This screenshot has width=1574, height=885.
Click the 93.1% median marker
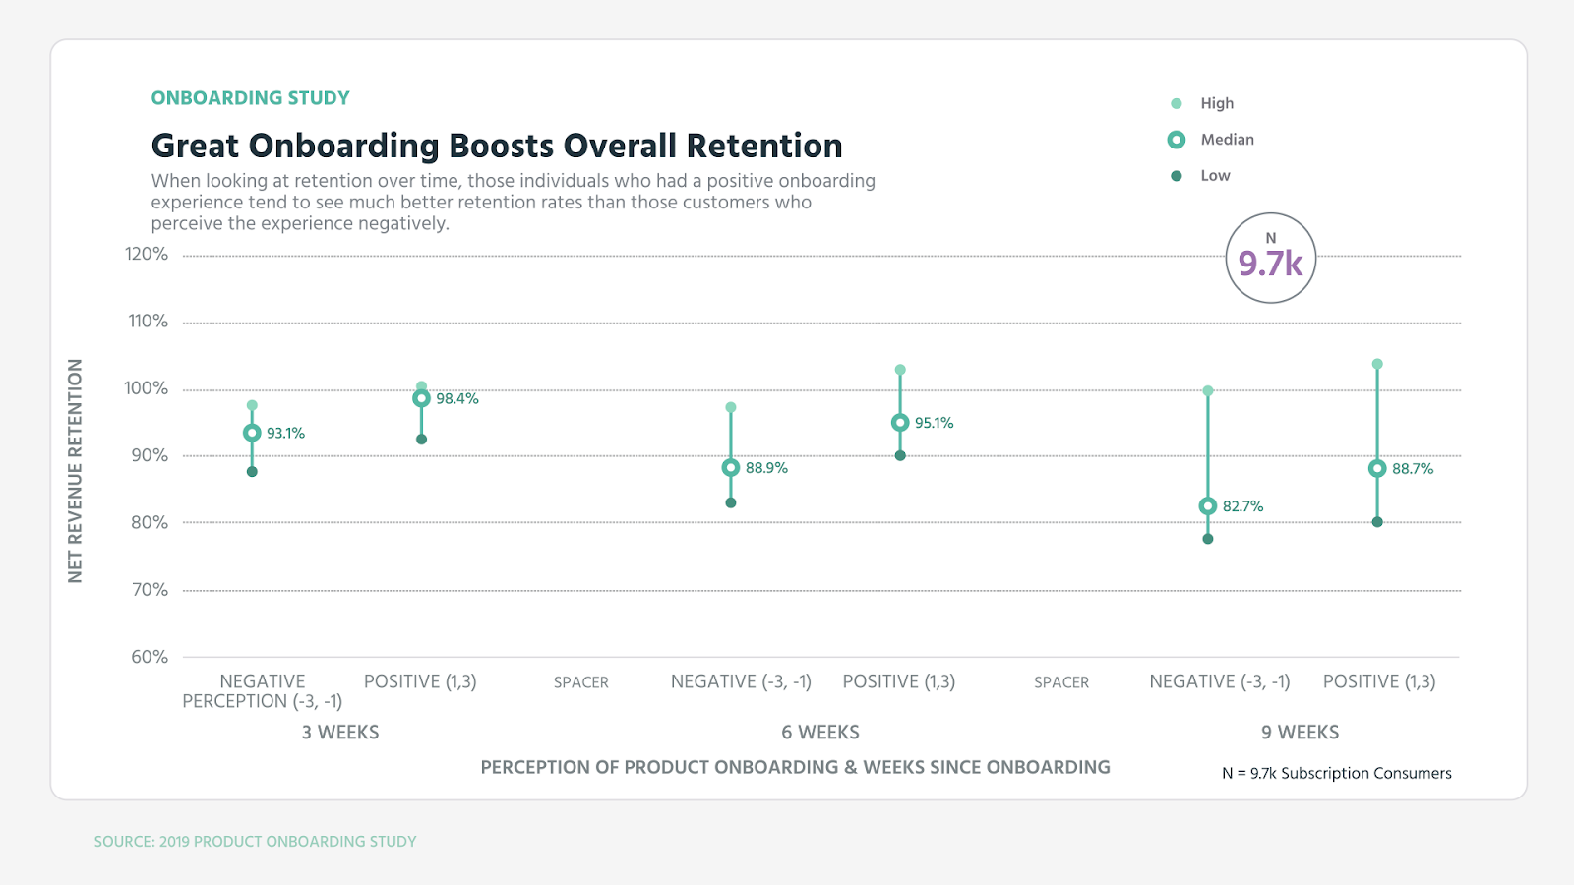tap(252, 433)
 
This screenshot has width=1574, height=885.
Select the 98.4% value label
tap(457, 399)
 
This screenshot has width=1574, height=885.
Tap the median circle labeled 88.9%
tap(731, 468)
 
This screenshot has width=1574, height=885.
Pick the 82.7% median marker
tap(1208, 506)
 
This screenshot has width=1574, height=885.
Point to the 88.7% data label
tap(1413, 469)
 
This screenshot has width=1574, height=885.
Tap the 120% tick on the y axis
tap(147, 254)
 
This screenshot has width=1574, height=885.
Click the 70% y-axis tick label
tap(150, 590)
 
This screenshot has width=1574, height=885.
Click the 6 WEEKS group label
tap(820, 733)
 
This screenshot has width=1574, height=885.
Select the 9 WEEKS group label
tap(1300, 733)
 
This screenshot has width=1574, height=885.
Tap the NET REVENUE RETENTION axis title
tap(76, 470)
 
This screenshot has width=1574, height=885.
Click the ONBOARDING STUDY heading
tap(250, 98)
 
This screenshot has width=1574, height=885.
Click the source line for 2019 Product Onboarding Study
tap(255, 842)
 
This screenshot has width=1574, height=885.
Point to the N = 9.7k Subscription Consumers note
tap(1336, 773)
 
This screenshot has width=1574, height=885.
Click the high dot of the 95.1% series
tap(900, 370)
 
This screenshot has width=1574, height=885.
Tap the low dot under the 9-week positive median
tap(1377, 522)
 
